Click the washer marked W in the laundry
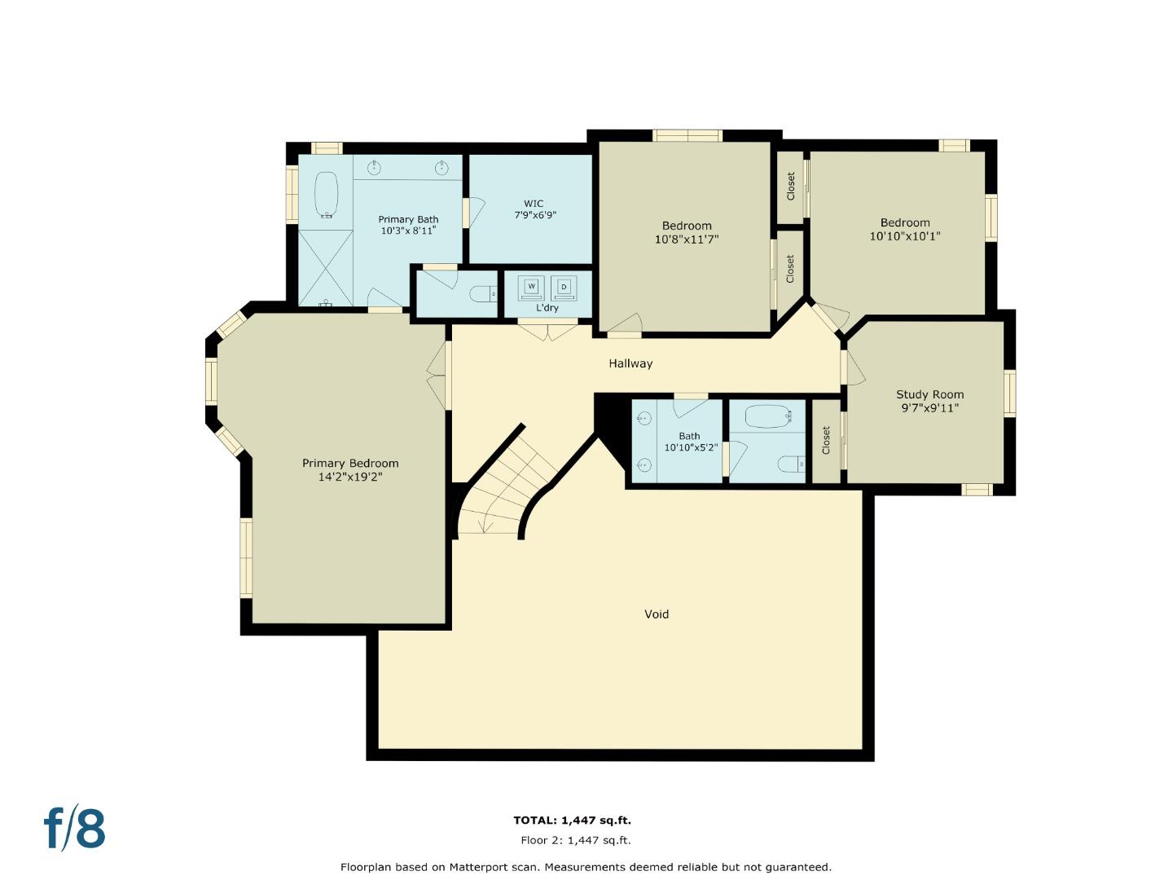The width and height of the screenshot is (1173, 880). point(532,287)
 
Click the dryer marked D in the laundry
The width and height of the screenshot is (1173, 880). point(563,287)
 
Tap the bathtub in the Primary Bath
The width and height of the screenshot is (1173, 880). point(327,194)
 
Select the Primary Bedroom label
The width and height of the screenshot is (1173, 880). point(350,463)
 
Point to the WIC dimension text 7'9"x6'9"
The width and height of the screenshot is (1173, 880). point(534,215)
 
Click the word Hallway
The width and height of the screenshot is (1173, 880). point(630,363)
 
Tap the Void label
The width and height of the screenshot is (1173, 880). point(657,614)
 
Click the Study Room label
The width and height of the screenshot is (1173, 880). point(929,394)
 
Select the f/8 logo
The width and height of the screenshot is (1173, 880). point(74,829)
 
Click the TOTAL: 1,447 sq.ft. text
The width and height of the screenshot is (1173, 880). point(572,821)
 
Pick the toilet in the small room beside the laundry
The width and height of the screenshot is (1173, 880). point(484,293)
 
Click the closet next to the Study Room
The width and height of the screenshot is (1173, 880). point(826,440)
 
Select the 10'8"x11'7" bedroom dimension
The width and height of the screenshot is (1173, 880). point(686,240)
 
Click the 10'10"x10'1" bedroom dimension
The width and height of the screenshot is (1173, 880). point(905,236)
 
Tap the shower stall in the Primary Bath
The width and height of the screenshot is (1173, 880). point(326,267)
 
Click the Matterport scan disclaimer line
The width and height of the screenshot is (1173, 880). point(586,867)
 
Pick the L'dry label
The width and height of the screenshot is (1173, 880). point(547,308)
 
